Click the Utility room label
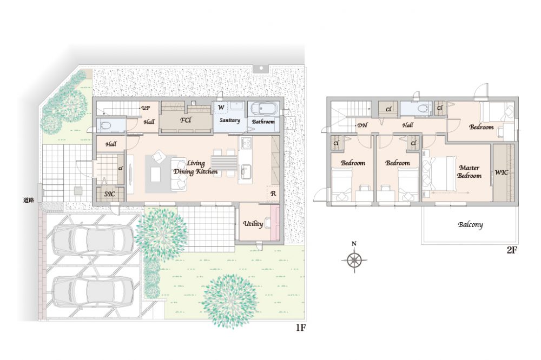click(253, 224)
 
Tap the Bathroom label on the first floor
click(263, 122)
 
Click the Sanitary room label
click(230, 121)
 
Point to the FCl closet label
click(186, 121)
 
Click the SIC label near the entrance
click(109, 194)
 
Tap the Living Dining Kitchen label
click(196, 167)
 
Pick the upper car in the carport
click(93, 241)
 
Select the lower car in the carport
click(93, 291)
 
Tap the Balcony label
click(470, 225)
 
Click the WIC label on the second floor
click(502, 172)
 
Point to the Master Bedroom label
click(469, 172)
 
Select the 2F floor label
click(512, 250)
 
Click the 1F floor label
click(301, 328)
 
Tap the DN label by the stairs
click(362, 125)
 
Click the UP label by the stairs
click(146, 108)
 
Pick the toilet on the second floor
click(423, 108)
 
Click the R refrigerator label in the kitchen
click(273, 194)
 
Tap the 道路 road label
click(29, 199)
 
